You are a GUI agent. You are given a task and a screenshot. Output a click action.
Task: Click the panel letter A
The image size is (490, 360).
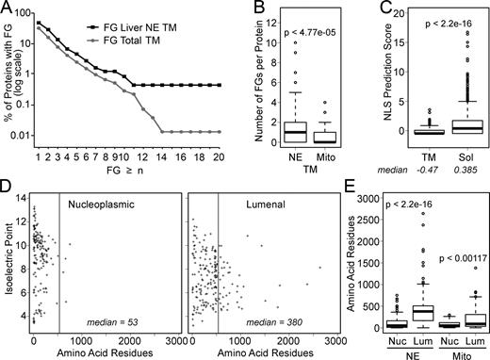coord(8,8)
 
